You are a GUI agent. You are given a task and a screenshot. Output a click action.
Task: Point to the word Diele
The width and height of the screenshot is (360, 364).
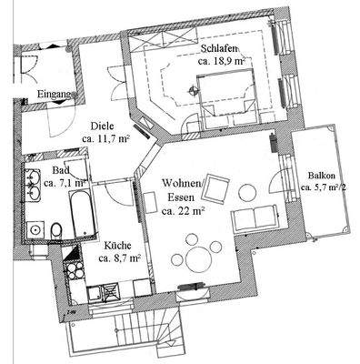pos(103,126)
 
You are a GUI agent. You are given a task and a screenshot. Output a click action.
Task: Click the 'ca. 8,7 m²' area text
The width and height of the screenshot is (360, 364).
pos(119,258)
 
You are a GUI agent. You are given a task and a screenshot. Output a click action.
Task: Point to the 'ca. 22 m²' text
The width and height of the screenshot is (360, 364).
pos(186,211)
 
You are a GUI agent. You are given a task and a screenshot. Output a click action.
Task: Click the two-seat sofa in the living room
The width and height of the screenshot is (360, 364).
pos(256,217)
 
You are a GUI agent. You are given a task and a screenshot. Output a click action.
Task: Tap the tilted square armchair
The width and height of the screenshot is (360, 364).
pos(217,189)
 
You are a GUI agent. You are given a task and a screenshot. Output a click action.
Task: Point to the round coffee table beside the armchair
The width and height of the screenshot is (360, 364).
pos(246,192)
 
